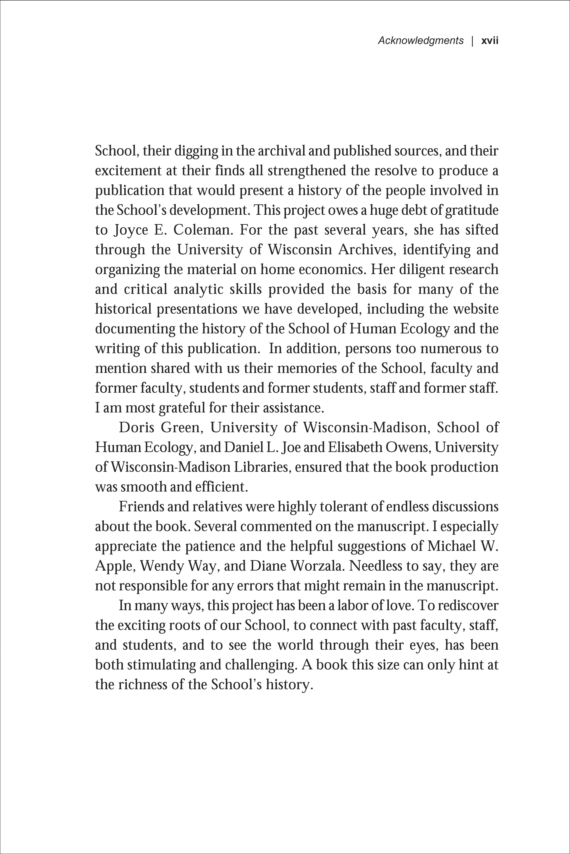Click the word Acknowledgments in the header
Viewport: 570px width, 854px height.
click(x=421, y=41)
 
